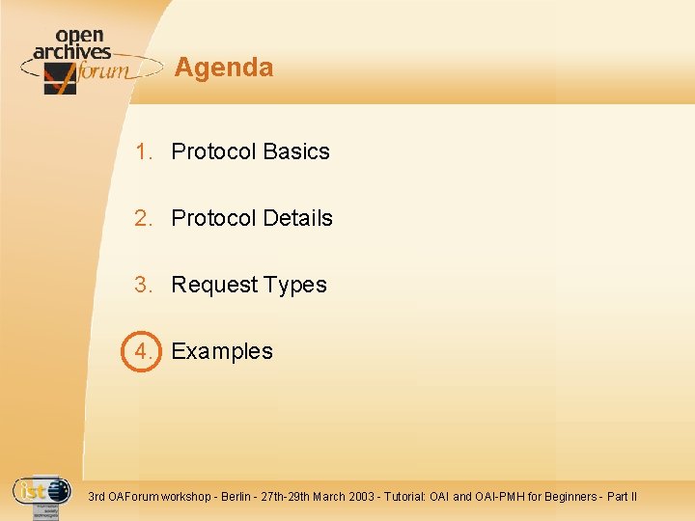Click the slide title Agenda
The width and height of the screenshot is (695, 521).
[x=224, y=68]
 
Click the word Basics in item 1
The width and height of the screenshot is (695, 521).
[x=296, y=151]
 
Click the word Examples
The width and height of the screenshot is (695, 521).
[x=222, y=351]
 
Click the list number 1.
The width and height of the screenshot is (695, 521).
[x=144, y=151]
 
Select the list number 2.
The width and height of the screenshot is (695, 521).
[x=144, y=218]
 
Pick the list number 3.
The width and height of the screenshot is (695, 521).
[x=144, y=285]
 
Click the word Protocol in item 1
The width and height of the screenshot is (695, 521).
[x=213, y=151]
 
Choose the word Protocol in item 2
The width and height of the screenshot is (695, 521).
[x=213, y=218]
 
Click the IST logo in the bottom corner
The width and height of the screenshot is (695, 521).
[x=41, y=493]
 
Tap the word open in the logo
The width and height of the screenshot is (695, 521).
[x=79, y=36]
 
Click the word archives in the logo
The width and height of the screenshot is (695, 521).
[x=71, y=52]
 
